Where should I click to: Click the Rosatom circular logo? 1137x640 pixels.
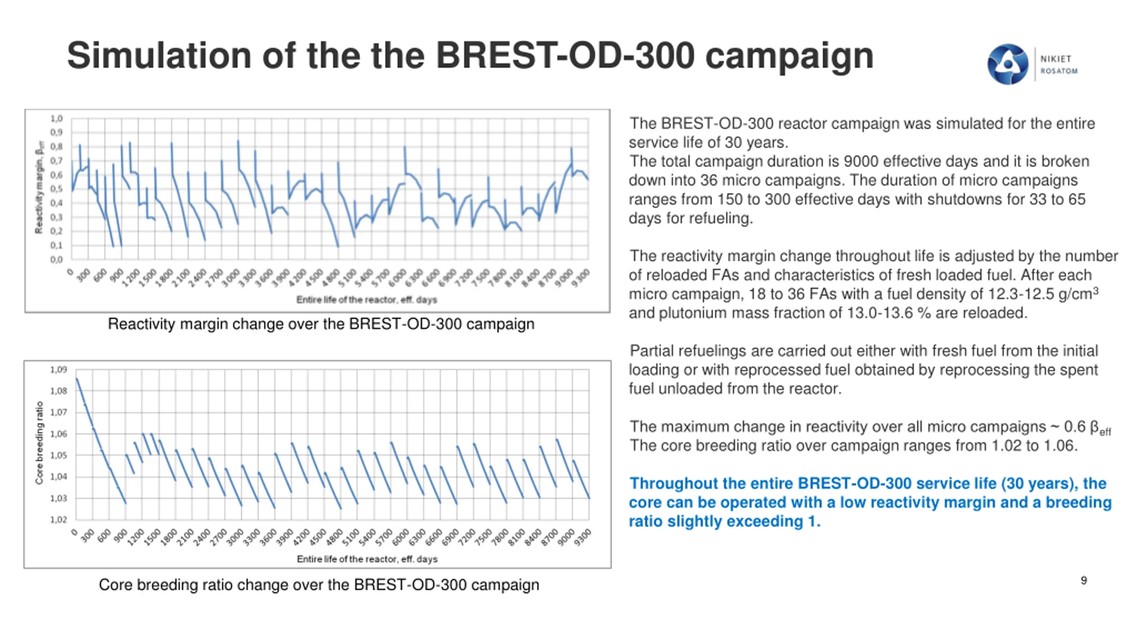[x=1007, y=64]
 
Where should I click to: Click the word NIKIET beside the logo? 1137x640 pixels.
[x=1056, y=59]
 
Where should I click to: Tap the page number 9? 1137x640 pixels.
[x=1084, y=580]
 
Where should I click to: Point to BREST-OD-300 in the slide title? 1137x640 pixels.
[x=565, y=56]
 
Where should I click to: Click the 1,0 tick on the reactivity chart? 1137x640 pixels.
[x=56, y=119]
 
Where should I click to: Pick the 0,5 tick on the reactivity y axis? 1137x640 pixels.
[x=56, y=189]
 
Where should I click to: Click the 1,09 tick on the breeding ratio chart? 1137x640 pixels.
[x=58, y=370]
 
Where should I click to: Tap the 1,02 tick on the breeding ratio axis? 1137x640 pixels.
[x=58, y=520]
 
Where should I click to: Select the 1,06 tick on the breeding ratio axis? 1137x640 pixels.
[x=58, y=434]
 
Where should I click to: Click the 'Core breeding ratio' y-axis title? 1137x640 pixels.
[x=40, y=443]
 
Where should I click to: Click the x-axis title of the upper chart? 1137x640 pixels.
[x=366, y=300]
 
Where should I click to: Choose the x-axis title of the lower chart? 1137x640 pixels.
[x=367, y=559]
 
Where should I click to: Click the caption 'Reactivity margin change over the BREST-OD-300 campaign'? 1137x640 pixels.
[x=321, y=324]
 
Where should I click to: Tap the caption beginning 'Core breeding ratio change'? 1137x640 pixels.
[x=318, y=585]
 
